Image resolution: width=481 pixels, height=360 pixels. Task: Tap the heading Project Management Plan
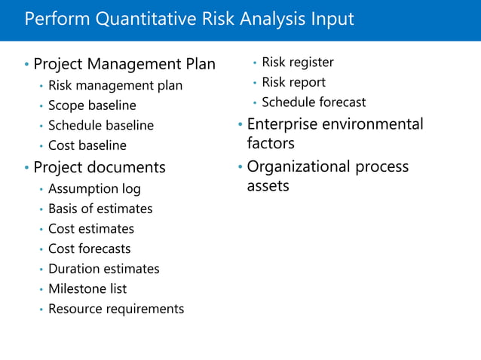click(124, 65)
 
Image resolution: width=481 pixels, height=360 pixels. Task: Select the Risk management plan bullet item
click(115, 86)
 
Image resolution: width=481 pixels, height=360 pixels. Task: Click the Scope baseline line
click(92, 105)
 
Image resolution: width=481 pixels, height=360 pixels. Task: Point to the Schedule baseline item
click(101, 126)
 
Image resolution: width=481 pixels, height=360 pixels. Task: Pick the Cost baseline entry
click(87, 145)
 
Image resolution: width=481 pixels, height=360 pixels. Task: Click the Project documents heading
click(100, 167)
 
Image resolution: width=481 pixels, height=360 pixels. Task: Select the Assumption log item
click(94, 189)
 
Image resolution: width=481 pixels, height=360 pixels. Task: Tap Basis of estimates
click(100, 209)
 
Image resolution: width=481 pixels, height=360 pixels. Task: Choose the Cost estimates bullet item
click(91, 229)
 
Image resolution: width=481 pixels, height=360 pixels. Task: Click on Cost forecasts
click(90, 249)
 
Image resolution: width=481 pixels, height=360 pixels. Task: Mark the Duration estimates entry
click(104, 269)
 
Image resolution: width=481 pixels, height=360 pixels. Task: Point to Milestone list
click(87, 288)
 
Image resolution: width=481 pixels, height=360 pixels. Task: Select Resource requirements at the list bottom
click(116, 309)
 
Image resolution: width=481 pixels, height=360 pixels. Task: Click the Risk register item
click(298, 63)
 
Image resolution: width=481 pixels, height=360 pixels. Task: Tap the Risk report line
click(294, 82)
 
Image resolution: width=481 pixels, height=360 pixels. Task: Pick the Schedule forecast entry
click(314, 102)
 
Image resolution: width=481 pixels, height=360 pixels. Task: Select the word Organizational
click(297, 166)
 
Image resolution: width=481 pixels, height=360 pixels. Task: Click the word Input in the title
click(331, 19)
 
